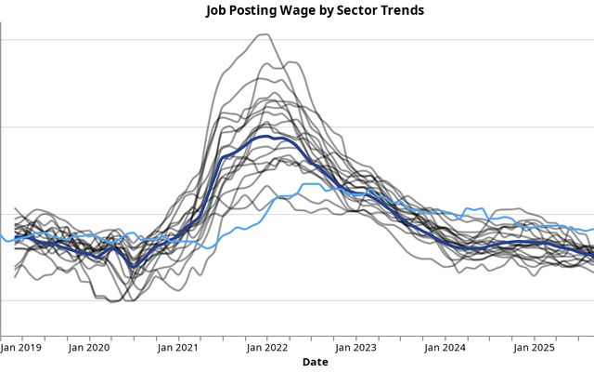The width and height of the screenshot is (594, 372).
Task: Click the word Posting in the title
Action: [254, 11]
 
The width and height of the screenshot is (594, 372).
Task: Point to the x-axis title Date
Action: [315, 362]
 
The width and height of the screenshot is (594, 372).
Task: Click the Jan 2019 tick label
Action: [20, 348]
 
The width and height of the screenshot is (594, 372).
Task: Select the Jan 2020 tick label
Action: [89, 348]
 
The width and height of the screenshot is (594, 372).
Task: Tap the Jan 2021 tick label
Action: [178, 348]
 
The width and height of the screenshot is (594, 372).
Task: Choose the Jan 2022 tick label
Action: [267, 348]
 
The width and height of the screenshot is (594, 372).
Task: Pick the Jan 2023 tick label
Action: [355, 348]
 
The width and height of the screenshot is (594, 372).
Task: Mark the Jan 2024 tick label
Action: [445, 348]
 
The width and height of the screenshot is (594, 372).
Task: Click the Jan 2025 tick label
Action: [534, 348]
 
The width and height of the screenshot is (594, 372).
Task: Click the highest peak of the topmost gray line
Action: [265, 35]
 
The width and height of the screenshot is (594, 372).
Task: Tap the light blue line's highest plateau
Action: [311, 185]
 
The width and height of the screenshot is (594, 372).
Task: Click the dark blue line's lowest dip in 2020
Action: [134, 267]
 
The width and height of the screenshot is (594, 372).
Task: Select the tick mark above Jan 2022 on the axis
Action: [267, 337]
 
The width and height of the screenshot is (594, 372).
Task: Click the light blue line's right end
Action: [592, 229]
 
